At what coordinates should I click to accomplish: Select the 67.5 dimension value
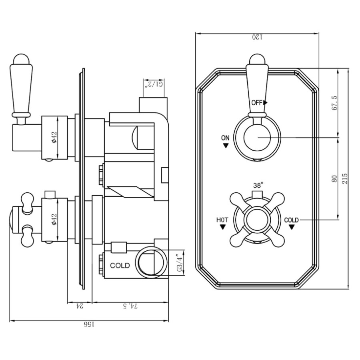coord(335,103)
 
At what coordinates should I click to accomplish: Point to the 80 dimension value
coord(335,178)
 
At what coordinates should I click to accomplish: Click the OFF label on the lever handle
coord(257,102)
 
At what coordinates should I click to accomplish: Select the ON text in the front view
coord(225,138)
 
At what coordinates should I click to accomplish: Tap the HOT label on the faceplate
coord(222,220)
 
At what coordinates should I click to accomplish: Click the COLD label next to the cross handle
coord(291,220)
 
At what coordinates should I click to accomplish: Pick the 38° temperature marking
coord(258,186)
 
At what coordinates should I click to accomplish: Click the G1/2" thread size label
coord(154,84)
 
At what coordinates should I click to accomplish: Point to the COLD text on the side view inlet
coord(120,266)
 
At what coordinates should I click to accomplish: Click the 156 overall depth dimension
coord(89,324)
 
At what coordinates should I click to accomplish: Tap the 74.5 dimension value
coord(130,306)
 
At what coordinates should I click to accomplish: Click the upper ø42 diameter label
coord(54,137)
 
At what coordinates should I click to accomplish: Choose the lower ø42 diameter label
coord(54,219)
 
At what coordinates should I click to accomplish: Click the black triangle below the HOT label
coord(222,227)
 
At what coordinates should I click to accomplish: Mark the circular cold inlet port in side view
coord(151,262)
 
